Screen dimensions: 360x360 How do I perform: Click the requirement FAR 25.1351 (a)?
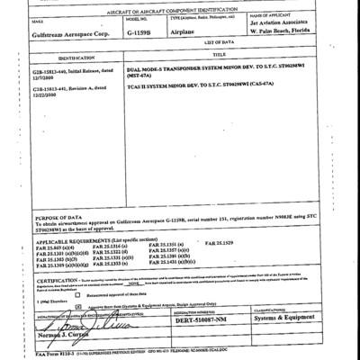[193, 245]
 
